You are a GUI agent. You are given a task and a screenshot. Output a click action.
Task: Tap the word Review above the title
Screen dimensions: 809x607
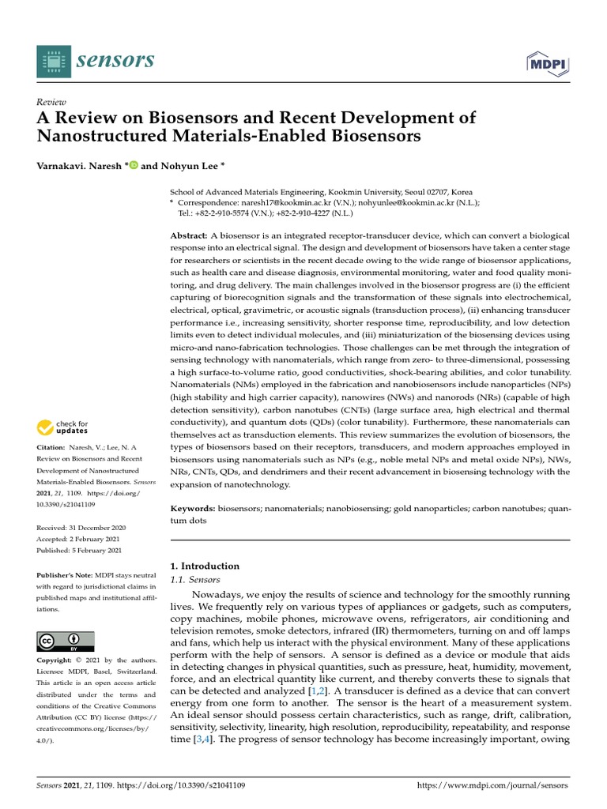click(51, 102)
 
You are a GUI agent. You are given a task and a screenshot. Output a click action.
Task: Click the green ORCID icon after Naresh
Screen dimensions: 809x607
click(133, 166)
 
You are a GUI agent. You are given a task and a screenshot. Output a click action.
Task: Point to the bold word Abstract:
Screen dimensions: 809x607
click(190, 237)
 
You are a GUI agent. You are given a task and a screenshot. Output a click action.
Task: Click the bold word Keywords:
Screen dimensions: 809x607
click(193, 510)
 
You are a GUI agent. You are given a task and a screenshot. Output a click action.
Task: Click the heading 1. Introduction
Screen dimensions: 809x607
click(205, 566)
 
